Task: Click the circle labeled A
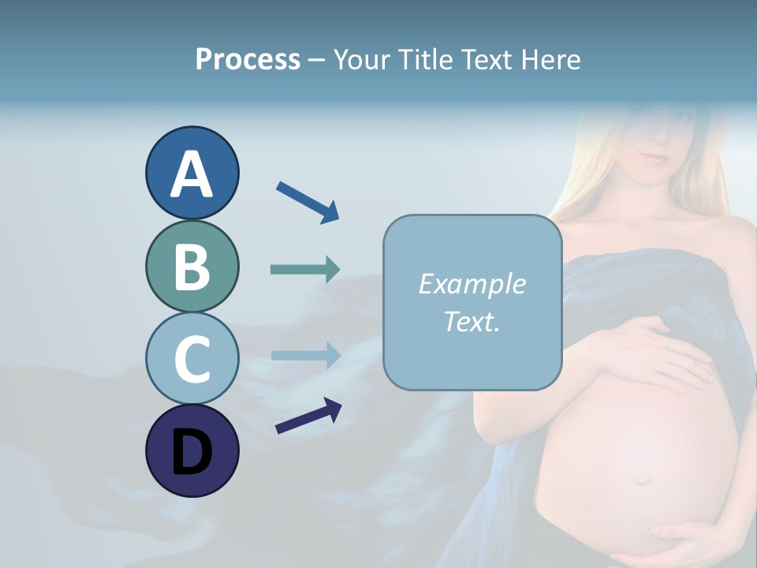pyautogui.click(x=192, y=174)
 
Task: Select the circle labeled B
pyautogui.click(x=192, y=266)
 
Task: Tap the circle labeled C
pyautogui.click(x=192, y=358)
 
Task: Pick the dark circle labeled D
pyautogui.click(x=192, y=450)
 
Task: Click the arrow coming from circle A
pyautogui.click(x=308, y=201)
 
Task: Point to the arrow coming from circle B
pyautogui.click(x=305, y=269)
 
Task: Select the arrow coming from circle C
pyautogui.click(x=305, y=355)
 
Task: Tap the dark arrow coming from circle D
pyautogui.click(x=308, y=417)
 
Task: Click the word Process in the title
pyautogui.click(x=248, y=60)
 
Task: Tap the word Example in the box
pyautogui.click(x=472, y=284)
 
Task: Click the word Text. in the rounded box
pyautogui.click(x=472, y=321)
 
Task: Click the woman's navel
pyautogui.click(x=643, y=479)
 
